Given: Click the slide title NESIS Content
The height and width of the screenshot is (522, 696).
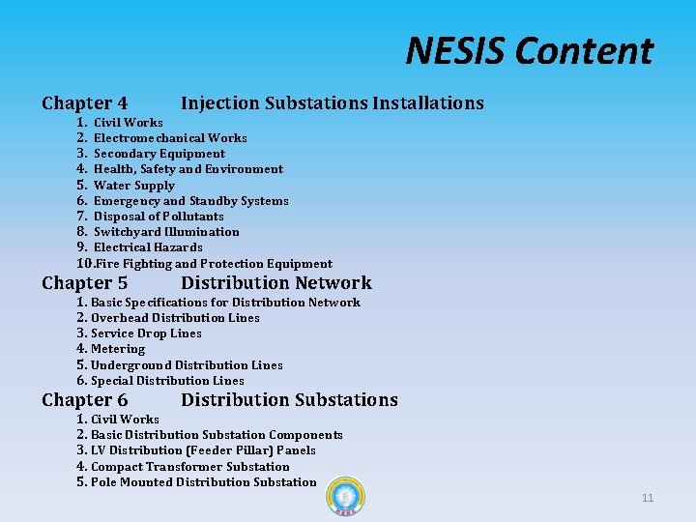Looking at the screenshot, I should coord(529,50).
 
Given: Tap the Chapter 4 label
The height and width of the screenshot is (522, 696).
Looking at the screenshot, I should coord(85,102).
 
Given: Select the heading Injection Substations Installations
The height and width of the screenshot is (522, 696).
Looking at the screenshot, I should coord(332,102).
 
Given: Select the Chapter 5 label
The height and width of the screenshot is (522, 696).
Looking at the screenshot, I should coord(85,283).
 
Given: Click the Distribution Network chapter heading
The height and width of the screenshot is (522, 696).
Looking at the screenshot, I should coord(275,283).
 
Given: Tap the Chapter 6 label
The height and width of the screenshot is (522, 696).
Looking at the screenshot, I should coord(85,400).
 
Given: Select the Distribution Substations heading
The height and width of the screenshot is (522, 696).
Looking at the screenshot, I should coord(289,400).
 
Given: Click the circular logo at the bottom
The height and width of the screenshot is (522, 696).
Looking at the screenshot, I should coord(345,497).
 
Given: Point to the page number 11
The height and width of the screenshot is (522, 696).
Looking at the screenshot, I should coord(648,498).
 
